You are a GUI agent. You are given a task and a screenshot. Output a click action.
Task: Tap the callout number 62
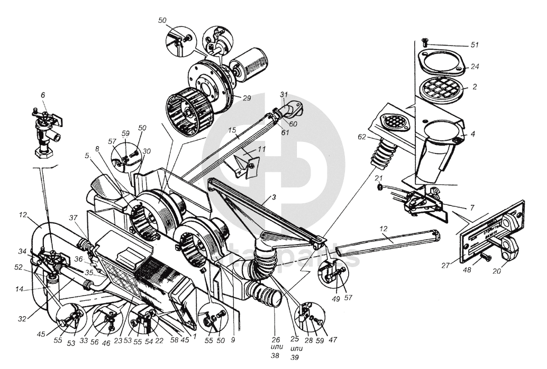(x=362, y=136)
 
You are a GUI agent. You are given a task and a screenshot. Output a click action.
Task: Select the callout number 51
(x=475, y=44)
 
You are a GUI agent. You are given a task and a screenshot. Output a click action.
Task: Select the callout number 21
(x=379, y=177)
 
